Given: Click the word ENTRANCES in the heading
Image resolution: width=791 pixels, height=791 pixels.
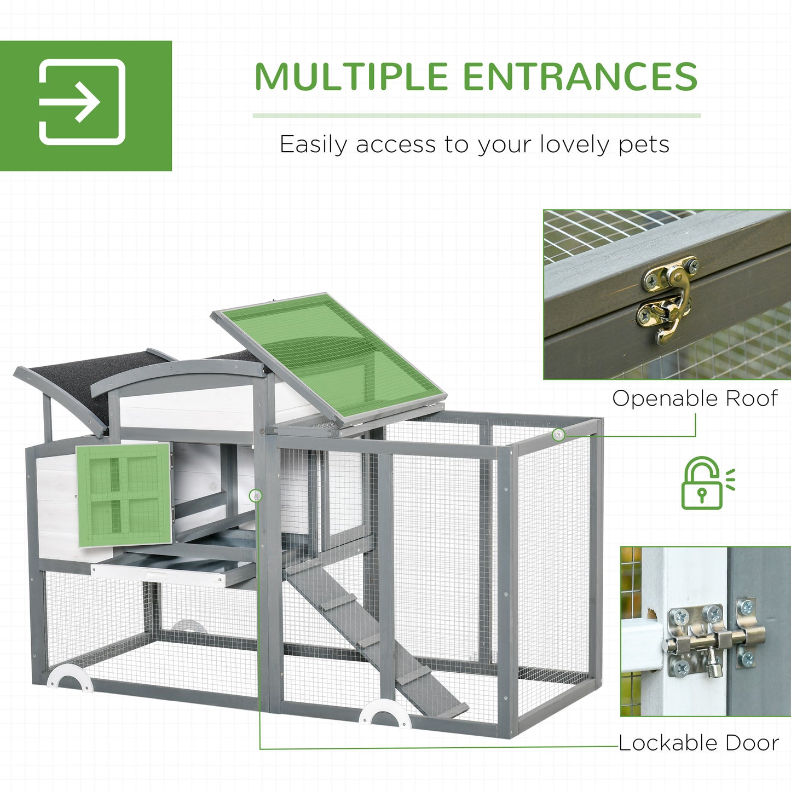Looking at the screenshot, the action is (581, 76).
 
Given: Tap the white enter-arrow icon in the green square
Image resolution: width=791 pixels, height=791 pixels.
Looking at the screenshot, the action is (82, 102).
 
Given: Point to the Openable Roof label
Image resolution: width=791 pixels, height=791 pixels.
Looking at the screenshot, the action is (695, 398).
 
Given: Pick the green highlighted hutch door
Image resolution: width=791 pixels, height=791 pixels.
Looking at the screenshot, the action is (124, 495).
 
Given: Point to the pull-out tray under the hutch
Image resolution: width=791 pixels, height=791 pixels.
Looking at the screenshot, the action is (172, 571).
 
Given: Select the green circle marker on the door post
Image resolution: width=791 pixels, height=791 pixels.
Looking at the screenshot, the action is (255, 496).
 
